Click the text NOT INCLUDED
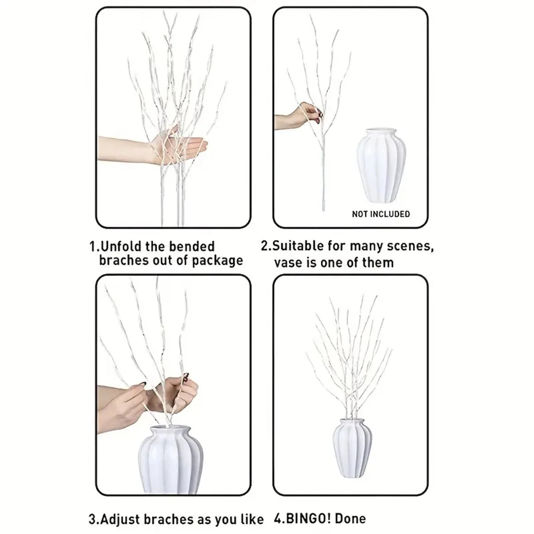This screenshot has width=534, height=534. (380, 214)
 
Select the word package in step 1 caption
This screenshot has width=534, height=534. (217, 261)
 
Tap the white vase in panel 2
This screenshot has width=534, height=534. (381, 166)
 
